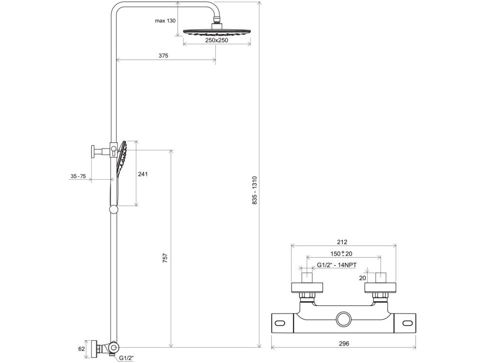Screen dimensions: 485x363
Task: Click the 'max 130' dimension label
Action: [165, 21]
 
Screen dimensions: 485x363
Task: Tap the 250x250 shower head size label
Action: [216, 40]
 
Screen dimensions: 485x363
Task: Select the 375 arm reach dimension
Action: [163, 56]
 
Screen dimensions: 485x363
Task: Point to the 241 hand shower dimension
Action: [143, 174]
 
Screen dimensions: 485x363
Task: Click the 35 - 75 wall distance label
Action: [78, 176]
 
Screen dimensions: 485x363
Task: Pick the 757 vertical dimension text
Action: [165, 258]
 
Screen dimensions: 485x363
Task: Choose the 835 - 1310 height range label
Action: [254, 190]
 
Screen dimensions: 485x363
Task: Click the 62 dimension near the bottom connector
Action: [81, 349]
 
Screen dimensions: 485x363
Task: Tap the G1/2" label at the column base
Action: [126, 358]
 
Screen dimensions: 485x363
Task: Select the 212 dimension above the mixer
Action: [342, 242]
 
